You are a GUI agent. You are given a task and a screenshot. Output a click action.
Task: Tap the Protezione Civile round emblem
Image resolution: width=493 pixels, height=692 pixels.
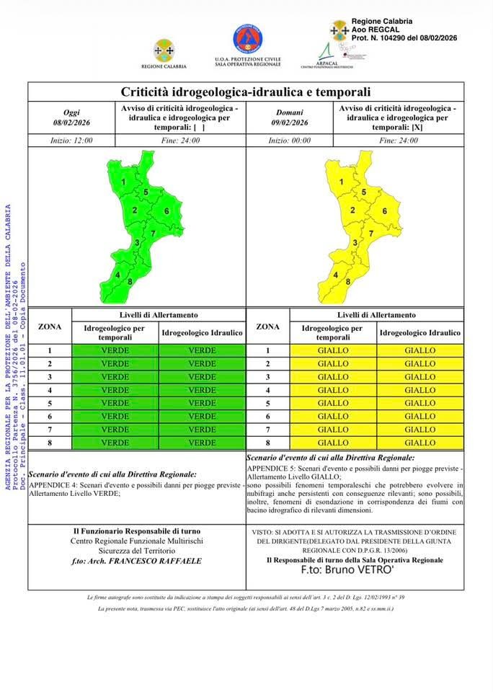(x=247, y=39)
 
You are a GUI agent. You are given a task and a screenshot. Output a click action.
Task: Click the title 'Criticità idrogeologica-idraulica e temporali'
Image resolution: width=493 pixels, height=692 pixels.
(x=246, y=92)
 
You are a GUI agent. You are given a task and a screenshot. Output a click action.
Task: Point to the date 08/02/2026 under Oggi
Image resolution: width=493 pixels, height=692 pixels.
(x=71, y=123)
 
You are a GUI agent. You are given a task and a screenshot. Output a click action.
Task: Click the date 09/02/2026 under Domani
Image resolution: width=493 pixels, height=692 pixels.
(x=289, y=123)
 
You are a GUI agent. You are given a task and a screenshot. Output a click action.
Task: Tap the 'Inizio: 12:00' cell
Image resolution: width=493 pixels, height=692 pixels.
(x=71, y=141)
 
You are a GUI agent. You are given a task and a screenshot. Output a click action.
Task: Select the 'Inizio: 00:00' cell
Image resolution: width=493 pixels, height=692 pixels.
(x=289, y=141)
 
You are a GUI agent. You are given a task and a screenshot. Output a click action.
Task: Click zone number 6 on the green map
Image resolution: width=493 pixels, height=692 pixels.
(x=166, y=211)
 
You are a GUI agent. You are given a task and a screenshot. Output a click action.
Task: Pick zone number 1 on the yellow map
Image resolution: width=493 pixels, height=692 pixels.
(x=341, y=182)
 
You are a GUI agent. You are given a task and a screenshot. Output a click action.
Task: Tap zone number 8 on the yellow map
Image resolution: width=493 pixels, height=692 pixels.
(x=348, y=281)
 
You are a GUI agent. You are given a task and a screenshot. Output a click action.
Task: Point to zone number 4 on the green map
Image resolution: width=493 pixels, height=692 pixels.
(x=117, y=275)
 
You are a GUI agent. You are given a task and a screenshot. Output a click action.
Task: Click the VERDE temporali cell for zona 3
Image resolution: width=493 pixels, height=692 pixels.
(x=115, y=377)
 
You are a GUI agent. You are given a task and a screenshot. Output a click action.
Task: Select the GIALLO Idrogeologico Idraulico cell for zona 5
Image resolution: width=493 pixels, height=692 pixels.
(x=420, y=403)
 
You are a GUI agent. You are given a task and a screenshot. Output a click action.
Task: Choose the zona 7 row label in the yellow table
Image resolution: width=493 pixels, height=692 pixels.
(x=267, y=430)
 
